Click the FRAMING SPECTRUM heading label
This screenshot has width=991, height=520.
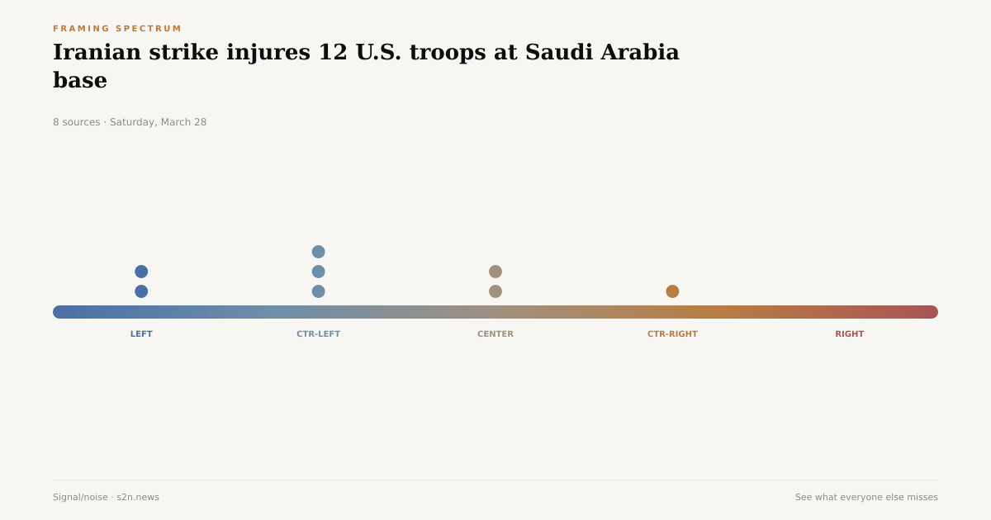coord(117,29)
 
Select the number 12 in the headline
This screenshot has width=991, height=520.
coord(333,52)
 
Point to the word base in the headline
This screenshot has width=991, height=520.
coord(80,81)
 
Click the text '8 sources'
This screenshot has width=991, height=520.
coord(76,122)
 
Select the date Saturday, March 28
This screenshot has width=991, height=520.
coord(158,122)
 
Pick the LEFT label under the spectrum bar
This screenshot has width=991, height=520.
coord(141,334)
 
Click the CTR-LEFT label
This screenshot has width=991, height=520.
coord(318,334)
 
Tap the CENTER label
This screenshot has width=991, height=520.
coord(495,334)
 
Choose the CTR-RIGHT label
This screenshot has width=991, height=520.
coord(672,334)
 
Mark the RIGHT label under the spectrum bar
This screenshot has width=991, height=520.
coord(849,334)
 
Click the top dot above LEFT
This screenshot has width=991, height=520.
coord(141,272)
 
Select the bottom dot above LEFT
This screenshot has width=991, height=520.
coord(141,291)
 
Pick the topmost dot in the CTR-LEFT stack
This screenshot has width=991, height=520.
coord(318,252)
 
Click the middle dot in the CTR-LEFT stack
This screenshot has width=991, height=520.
coord(318,272)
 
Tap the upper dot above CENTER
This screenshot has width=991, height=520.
coord(495,272)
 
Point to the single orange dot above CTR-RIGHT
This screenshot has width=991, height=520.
coord(672,291)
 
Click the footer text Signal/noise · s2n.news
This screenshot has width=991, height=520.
coord(106,497)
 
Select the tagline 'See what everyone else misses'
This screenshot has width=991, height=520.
coord(866,497)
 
